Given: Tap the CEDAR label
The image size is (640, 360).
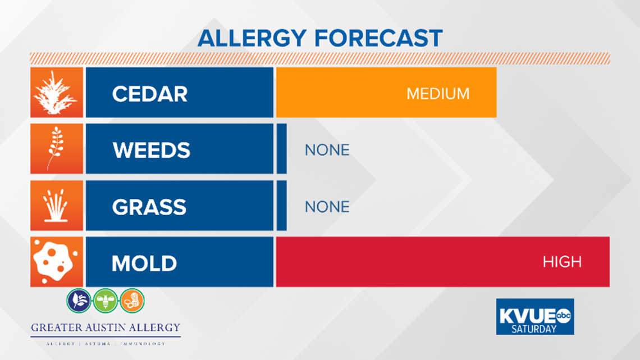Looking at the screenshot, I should click(x=150, y=93).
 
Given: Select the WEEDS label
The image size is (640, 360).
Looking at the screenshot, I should click(x=152, y=150).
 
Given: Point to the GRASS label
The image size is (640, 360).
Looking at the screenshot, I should click(x=149, y=207).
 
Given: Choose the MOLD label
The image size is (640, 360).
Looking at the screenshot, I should click(x=144, y=263).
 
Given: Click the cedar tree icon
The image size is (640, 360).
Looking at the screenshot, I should click(x=56, y=93).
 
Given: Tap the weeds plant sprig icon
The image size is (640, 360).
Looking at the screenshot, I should click(x=56, y=149).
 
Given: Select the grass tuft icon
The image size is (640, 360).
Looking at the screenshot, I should click(x=56, y=206).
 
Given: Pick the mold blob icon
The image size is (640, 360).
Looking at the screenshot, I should click(x=56, y=262).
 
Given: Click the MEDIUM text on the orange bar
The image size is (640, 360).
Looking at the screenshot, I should click(x=438, y=93).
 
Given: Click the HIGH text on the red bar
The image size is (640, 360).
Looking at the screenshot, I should click(x=562, y=262).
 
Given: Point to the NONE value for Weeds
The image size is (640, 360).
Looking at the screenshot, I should click(x=327, y=150).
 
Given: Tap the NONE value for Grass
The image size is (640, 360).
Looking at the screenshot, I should click(x=327, y=207).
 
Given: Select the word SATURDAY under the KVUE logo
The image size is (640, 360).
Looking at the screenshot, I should click(x=534, y=329).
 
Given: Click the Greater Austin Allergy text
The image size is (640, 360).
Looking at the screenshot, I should click(x=106, y=327).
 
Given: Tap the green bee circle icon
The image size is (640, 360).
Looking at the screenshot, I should click(x=106, y=300).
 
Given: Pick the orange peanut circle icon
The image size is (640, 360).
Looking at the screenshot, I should click(x=132, y=300).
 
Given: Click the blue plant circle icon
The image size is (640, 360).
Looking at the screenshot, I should click(x=79, y=300).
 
